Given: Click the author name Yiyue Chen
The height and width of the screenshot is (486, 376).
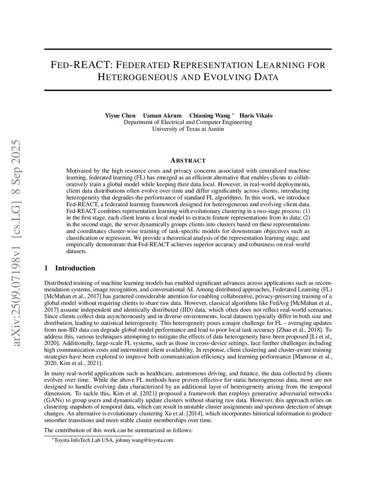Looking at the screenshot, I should click(x=120, y=116).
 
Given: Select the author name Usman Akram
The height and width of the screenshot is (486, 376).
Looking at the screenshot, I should click(x=162, y=116).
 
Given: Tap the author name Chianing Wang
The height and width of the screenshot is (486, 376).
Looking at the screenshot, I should click(x=210, y=116).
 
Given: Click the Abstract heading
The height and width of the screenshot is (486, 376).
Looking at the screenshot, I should click(x=188, y=161).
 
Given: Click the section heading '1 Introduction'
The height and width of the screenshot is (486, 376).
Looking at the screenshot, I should click(x=70, y=268).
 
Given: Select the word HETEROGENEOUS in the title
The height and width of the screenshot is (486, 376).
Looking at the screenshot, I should click(x=138, y=77).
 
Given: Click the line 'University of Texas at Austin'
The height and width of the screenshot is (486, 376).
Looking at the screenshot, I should click(x=188, y=129).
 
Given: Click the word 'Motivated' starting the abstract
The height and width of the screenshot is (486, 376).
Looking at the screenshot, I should click(x=78, y=171).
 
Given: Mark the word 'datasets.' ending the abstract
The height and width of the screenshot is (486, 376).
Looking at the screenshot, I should click(x=76, y=251).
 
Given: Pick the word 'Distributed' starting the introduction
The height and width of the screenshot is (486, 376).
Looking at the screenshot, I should click(x=58, y=283).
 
